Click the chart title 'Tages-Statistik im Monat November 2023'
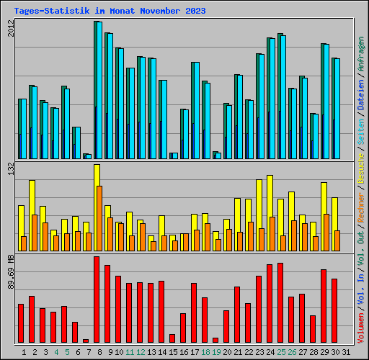click(110, 11)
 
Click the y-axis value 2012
click(10, 30)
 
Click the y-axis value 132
click(10, 168)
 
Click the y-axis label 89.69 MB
click(10, 272)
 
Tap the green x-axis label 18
click(205, 352)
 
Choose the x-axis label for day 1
click(25, 352)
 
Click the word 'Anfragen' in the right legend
click(360, 58)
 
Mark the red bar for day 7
click(86, 341)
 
